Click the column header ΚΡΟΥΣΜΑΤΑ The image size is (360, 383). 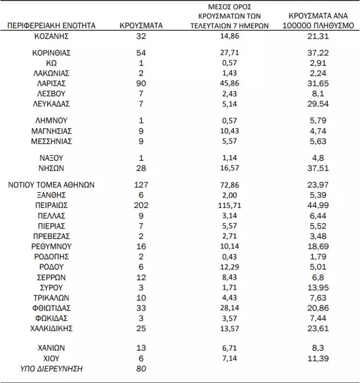click(141, 26)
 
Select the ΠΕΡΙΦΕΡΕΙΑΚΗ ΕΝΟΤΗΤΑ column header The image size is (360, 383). click(52, 26)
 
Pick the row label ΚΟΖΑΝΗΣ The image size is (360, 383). click(52, 36)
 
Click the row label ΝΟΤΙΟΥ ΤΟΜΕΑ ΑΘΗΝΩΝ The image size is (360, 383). click(52, 185)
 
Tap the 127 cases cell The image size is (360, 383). click(141, 185)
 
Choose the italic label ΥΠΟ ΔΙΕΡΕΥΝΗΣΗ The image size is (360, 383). click(52, 369)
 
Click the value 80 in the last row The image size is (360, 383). click(141, 369)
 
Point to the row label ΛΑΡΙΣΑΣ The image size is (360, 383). click(52, 83)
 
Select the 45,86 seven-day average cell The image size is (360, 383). click(229, 83)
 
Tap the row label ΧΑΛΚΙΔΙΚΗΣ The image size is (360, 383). click(52, 328)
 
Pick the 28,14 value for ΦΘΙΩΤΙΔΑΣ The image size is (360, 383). click(229, 308)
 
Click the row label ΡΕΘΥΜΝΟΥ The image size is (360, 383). click(52, 246)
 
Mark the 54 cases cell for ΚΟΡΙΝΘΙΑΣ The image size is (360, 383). click(141, 53)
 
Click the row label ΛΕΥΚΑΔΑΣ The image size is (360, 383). click(52, 104)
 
